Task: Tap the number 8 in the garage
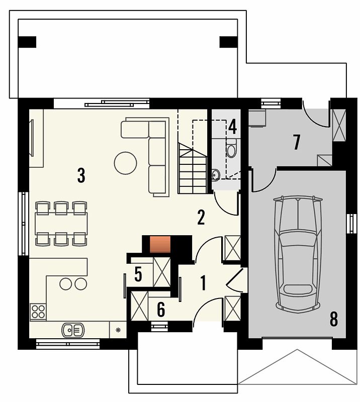[x=333, y=320]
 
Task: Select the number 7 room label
[x=297, y=143]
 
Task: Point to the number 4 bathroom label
[x=232, y=127]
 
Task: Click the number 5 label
[x=138, y=274]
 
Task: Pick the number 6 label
[x=160, y=310]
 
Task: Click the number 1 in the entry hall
[x=204, y=283]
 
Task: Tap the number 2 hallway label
[x=201, y=218]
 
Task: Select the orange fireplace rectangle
[x=160, y=244]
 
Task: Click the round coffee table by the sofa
[x=126, y=163]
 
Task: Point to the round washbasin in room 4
[x=216, y=174]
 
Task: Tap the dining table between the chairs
[x=61, y=224]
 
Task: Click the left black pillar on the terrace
[x=27, y=42]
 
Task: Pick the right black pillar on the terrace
[x=229, y=42]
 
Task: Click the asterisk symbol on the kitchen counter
[x=118, y=330]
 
